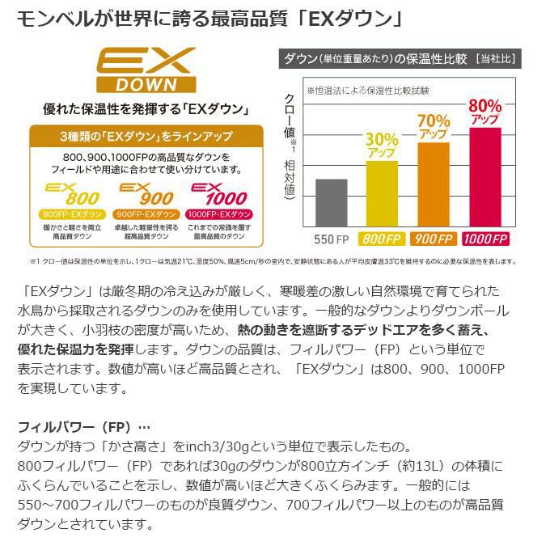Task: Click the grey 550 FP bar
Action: [x=331, y=205]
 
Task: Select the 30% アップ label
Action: [x=382, y=144]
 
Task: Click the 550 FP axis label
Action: [x=331, y=239]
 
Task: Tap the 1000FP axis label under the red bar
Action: [x=484, y=239]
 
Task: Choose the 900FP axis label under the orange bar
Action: [x=434, y=239]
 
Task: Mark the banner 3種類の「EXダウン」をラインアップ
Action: [x=146, y=135]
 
